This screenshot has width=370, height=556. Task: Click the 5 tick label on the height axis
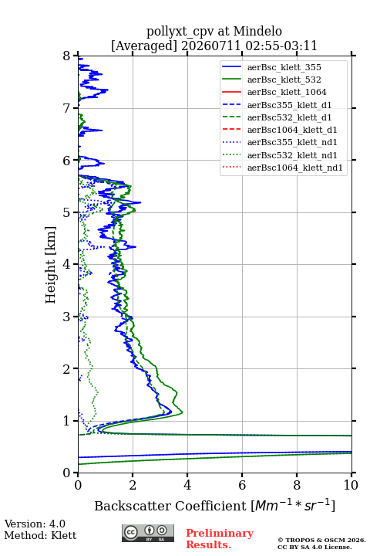click(66, 212)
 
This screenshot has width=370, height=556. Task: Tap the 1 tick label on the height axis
click(66, 421)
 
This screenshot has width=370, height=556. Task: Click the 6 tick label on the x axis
click(242, 485)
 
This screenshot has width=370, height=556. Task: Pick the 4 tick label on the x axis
click(187, 485)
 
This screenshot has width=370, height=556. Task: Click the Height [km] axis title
click(50, 265)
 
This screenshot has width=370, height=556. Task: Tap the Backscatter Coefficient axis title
click(214, 505)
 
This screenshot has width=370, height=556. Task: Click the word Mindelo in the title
click(257, 31)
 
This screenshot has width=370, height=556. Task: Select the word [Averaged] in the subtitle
click(144, 46)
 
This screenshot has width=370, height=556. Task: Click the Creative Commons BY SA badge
click(148, 534)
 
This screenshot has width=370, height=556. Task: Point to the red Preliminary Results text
click(220, 539)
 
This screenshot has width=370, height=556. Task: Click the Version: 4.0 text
click(35, 524)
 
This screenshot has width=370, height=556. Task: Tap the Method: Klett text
click(40, 535)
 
